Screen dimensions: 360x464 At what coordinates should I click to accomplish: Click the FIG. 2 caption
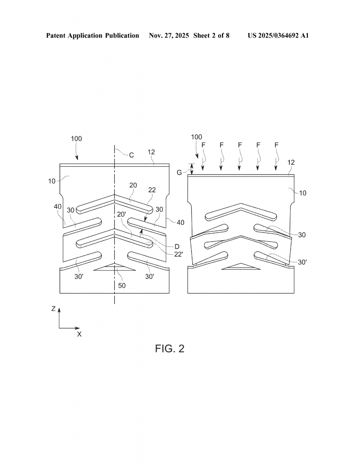[170, 348]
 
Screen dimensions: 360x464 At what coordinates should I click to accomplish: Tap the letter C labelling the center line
[131, 155]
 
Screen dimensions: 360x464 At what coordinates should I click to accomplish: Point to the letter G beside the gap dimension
[180, 173]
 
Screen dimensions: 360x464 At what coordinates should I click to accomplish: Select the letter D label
[177, 246]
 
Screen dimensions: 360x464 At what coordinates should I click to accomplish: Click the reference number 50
[122, 285]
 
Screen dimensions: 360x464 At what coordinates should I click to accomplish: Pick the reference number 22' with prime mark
[179, 254]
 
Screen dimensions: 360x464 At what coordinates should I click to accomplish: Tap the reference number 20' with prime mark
[122, 214]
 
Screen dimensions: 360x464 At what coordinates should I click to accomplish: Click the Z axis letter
[54, 309]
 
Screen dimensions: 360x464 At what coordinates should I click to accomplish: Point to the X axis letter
[79, 334]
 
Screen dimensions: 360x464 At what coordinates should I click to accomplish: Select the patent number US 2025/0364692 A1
[278, 35]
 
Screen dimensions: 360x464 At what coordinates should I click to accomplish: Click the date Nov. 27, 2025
[169, 35]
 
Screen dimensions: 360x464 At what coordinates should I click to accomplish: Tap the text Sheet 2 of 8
[211, 35]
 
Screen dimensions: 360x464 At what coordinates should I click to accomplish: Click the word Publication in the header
[122, 35]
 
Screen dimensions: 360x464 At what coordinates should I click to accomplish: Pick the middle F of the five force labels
[240, 145]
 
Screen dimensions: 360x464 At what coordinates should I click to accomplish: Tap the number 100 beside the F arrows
[197, 137]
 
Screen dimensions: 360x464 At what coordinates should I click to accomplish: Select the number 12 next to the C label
[151, 152]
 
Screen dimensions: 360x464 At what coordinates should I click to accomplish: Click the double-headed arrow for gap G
[192, 169]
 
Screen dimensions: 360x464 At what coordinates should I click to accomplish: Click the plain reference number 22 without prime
[152, 190]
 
